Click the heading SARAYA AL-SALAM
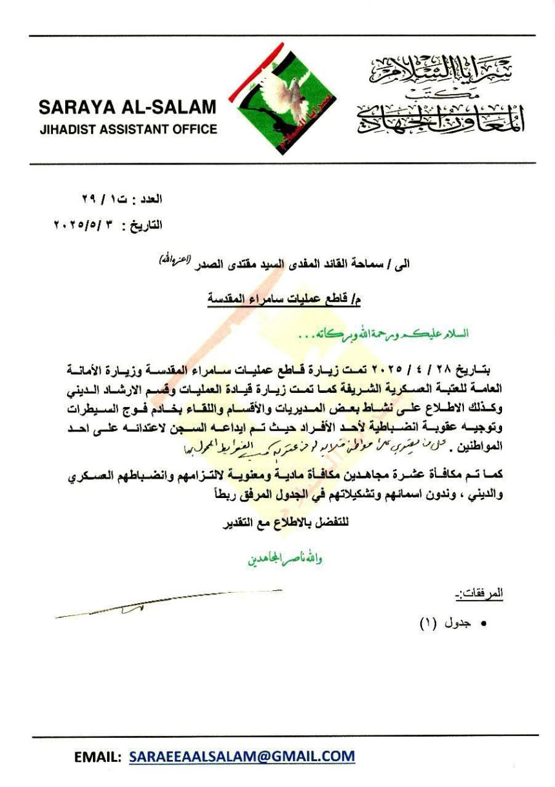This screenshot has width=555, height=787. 128,107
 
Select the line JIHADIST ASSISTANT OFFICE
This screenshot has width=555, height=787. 128,129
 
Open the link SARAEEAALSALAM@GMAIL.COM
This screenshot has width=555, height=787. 242,756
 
